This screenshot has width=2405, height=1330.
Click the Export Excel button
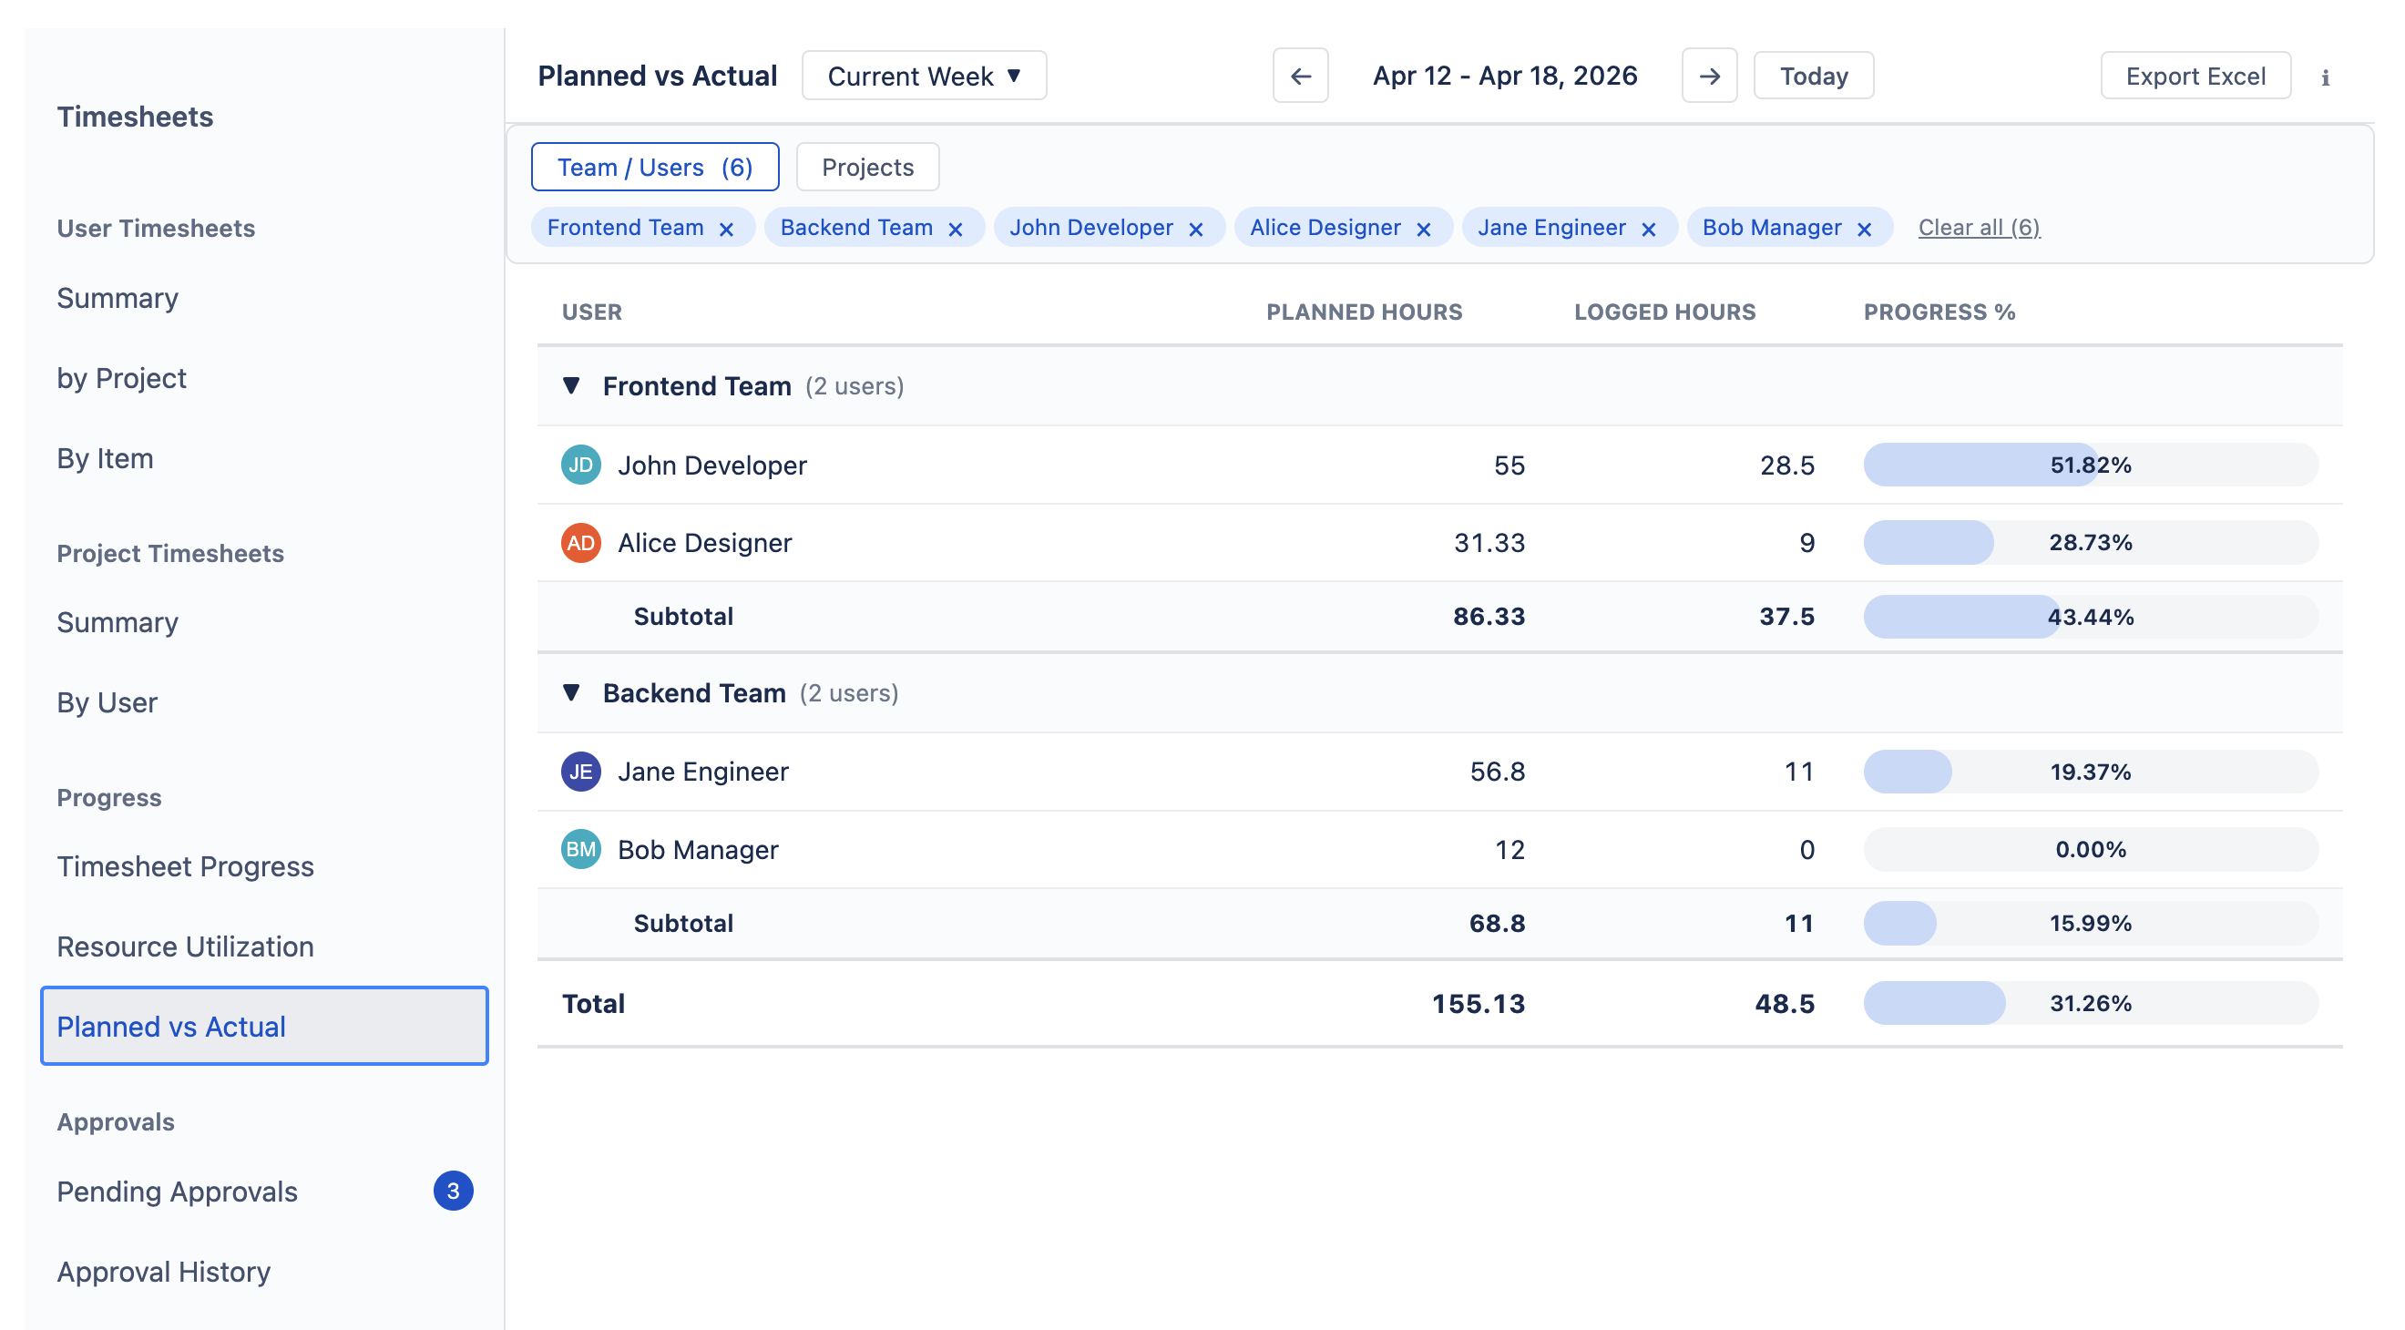coord(2194,77)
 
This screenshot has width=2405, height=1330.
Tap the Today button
coord(1812,77)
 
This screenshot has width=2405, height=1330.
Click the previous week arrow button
coord(1300,77)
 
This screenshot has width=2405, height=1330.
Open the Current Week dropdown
coord(924,77)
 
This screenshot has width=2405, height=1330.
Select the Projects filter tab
coord(866,168)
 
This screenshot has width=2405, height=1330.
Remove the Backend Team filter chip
coord(954,230)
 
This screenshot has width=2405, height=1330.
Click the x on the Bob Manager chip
coord(1864,230)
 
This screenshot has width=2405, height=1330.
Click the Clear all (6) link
coord(1979,228)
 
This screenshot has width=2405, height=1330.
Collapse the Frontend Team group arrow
coord(571,385)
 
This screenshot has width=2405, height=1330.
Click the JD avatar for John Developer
coord(579,465)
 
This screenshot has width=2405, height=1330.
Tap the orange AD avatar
coord(579,542)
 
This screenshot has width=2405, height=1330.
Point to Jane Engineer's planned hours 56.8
coord(1497,772)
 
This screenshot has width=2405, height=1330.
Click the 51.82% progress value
coord(2090,465)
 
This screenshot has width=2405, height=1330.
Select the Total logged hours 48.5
coord(1783,1003)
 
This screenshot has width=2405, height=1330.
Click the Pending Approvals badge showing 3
coord(453,1191)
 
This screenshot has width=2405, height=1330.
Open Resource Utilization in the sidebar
coord(185,946)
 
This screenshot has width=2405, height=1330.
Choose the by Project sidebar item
coord(121,378)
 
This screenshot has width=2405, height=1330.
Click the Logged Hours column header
coord(1663,312)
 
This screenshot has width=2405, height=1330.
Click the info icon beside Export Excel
coord(2325,78)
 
